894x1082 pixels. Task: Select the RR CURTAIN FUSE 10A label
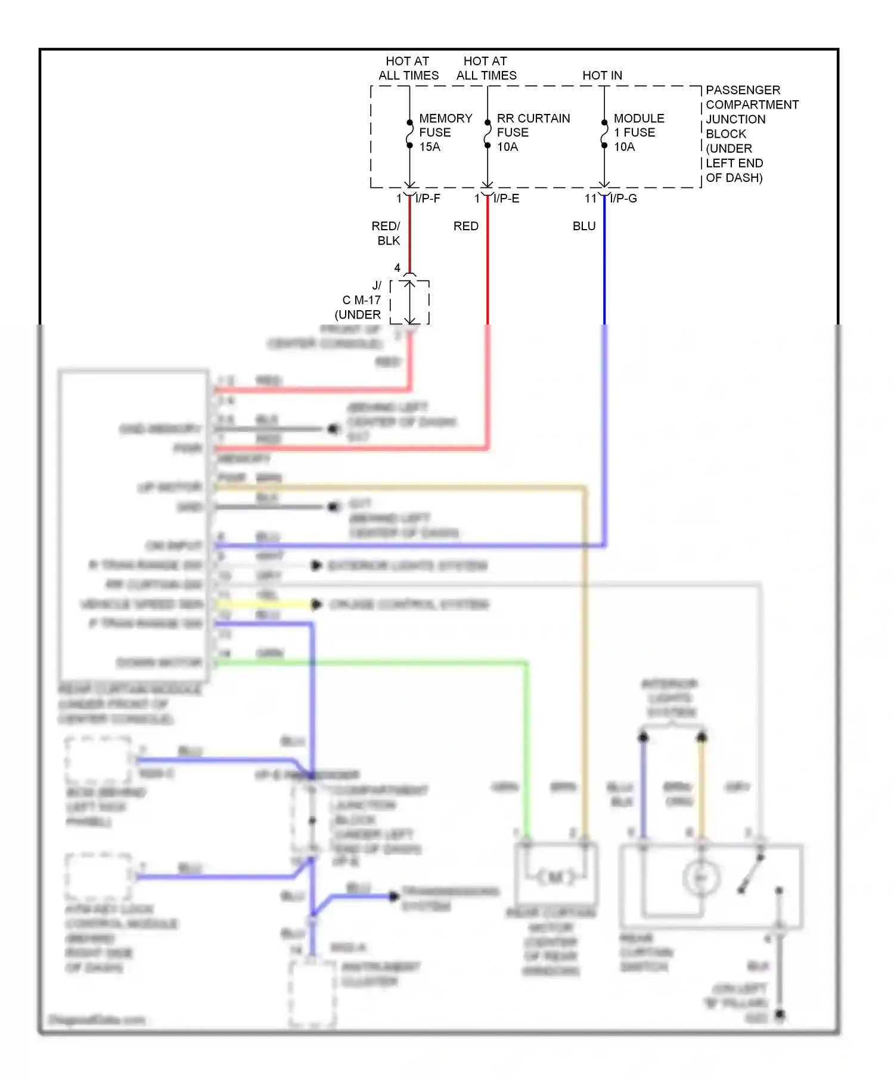[532, 132]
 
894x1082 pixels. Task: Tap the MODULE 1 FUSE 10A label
[638, 132]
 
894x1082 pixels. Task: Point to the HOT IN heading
[602, 76]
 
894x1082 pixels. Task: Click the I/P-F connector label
[428, 199]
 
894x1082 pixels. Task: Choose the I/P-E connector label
[506, 199]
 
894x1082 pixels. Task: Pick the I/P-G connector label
[623, 199]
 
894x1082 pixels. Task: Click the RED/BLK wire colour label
[386, 233]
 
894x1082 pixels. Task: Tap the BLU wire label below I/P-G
[584, 227]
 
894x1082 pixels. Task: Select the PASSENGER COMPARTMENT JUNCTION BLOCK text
[751, 134]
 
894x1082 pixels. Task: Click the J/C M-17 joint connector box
[410, 302]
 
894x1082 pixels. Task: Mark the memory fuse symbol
[409, 134]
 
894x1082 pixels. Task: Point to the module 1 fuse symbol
[604, 134]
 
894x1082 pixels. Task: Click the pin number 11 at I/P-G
[590, 199]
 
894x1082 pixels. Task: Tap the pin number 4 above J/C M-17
[397, 268]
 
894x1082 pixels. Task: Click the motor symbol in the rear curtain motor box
[555, 877]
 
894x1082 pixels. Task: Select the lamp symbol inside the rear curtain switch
[701, 878]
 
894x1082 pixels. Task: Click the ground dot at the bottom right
[780, 1014]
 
